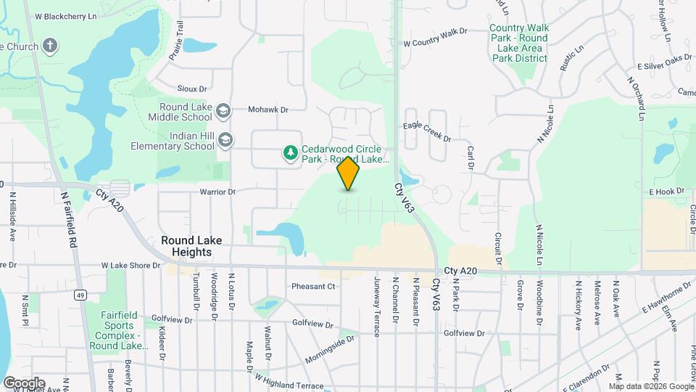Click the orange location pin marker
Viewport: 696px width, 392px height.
coord(349,173)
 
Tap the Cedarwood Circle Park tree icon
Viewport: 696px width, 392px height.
coord(290,152)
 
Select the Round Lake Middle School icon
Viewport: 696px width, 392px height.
coord(223,110)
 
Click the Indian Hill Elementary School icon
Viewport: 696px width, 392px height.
coord(225,140)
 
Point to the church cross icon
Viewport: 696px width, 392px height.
coord(50,46)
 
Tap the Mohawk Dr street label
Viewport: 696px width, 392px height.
coord(268,110)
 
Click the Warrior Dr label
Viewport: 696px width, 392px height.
coord(218,192)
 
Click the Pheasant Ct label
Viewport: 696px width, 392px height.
coord(313,286)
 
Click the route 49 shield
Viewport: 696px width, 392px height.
coord(80,295)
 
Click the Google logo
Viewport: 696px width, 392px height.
coord(23,383)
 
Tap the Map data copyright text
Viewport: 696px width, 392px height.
coord(651,386)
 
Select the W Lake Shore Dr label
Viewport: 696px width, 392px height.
coord(130,266)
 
